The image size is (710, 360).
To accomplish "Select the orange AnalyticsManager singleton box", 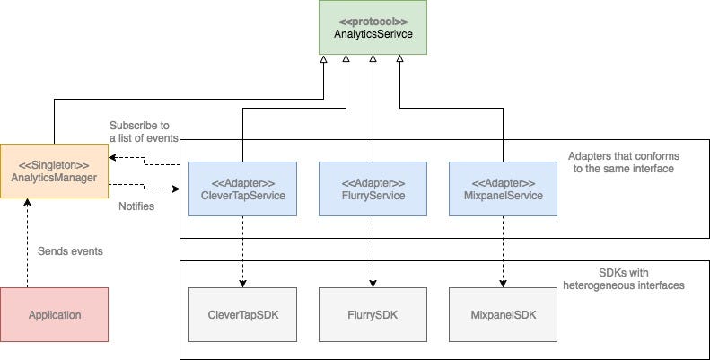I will pos(55,170).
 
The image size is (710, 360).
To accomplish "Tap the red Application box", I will pos(55,314).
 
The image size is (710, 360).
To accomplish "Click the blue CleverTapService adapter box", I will pos(242,189).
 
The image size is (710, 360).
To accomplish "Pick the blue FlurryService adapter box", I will pos(373,189).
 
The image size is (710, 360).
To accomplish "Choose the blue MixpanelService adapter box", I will pos(502,189).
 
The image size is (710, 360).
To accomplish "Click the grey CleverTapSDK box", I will pos(242,315).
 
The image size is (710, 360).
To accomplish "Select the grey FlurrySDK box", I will pos(373,315).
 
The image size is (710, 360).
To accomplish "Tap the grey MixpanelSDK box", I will pos(502,315).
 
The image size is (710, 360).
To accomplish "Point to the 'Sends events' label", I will pos(70,251).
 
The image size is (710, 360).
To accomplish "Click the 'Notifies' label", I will pos(137,206).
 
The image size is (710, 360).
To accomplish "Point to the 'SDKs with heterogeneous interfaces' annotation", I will pos(623,278).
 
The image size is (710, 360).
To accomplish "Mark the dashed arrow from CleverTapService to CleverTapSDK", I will pos(242,251).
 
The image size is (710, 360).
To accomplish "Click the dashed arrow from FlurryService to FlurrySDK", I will pos(373,251).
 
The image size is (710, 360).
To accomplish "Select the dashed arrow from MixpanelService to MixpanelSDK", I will pos(502,251).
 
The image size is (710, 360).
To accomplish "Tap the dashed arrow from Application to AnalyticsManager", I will pos(28,242).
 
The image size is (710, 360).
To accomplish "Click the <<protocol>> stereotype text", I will pos(373,20).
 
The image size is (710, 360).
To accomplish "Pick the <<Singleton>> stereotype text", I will pos(55,163).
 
